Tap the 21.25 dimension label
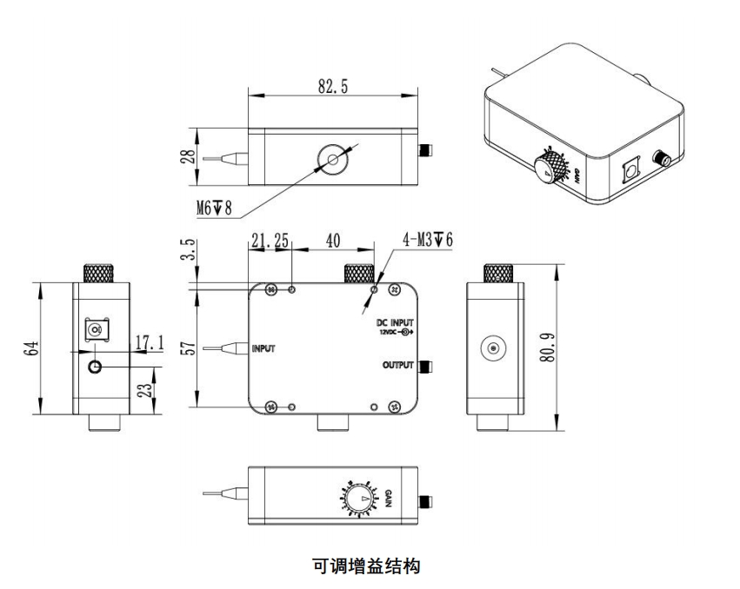pyautogui.click(x=270, y=241)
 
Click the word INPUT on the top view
pyautogui.click(x=263, y=349)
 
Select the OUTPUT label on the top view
pyautogui.click(x=397, y=366)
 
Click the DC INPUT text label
pyautogui.click(x=396, y=322)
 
